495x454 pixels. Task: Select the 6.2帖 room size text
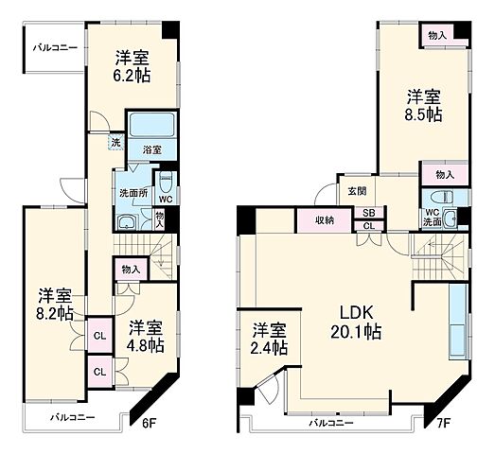(133, 74)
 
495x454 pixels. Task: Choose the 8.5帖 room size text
(423, 114)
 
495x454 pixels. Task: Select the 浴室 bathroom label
(152, 148)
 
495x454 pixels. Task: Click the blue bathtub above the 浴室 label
(152, 127)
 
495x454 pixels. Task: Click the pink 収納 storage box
(325, 221)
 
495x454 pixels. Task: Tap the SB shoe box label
(368, 214)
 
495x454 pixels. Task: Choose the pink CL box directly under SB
(368, 227)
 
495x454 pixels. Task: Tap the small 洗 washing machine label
(115, 143)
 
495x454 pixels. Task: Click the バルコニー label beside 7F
(332, 424)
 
